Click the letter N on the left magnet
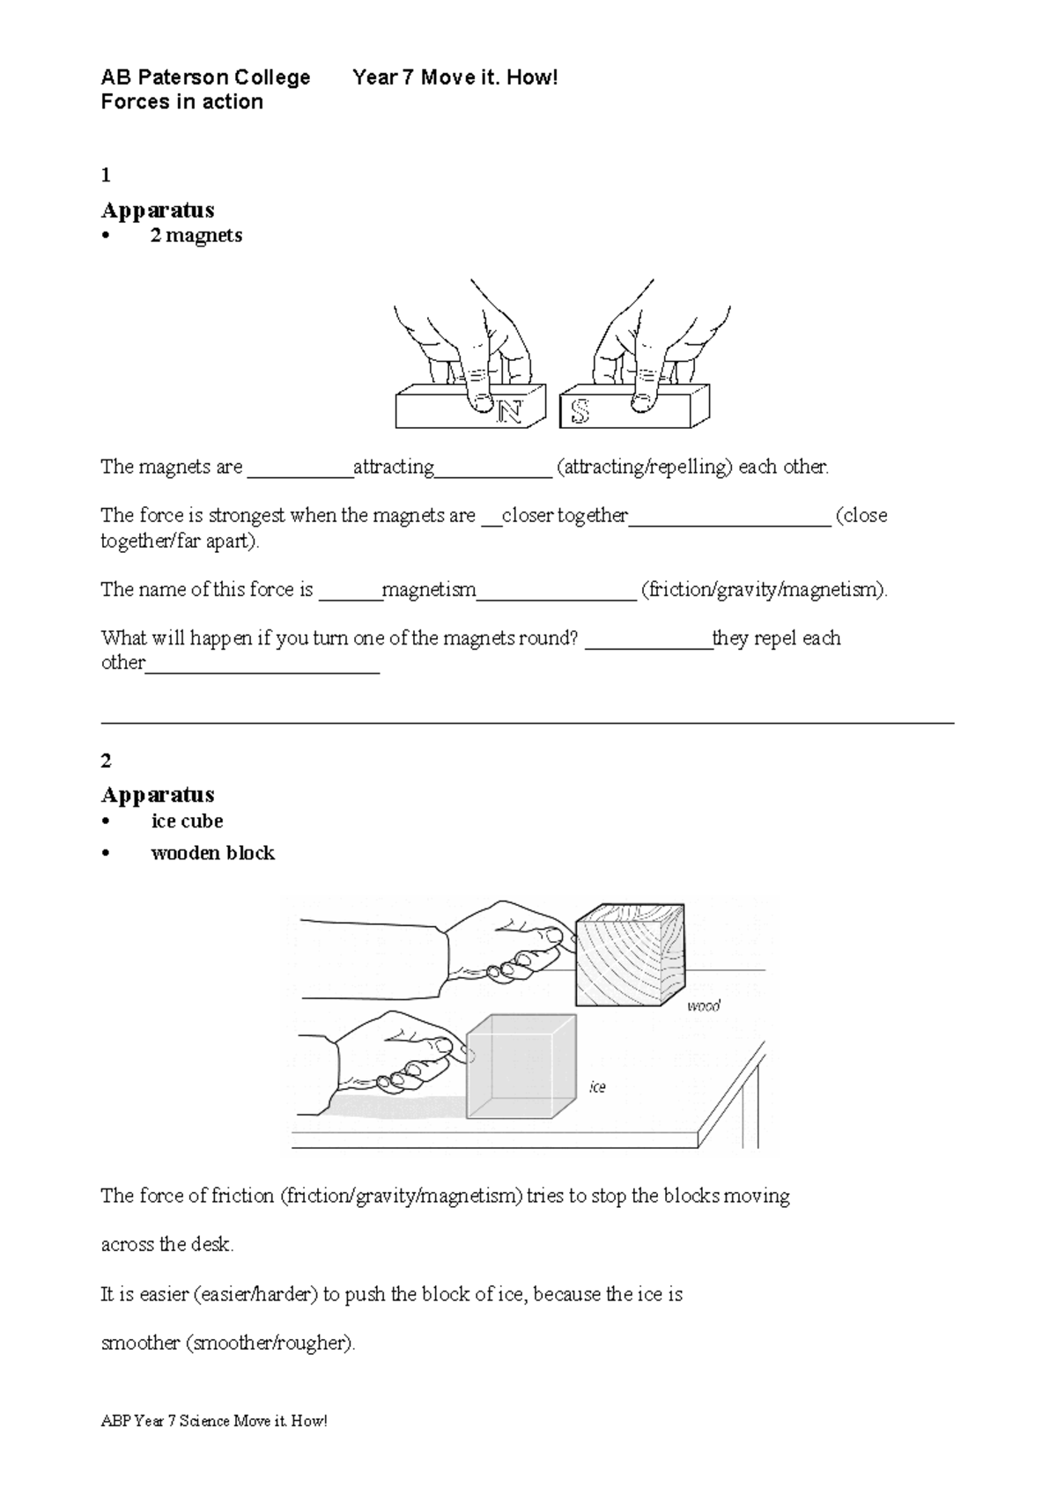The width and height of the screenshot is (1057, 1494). click(509, 411)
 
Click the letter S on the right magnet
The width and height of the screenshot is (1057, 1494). click(580, 411)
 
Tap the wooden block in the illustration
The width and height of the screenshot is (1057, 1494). click(629, 956)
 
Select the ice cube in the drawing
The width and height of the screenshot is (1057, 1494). click(520, 1067)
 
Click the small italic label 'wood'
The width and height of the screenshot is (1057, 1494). click(703, 1005)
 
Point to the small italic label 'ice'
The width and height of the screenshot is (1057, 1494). click(597, 1087)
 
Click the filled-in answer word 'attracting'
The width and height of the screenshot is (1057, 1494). click(393, 467)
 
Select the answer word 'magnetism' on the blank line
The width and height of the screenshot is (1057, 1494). click(429, 590)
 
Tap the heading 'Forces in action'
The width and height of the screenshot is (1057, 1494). click(181, 102)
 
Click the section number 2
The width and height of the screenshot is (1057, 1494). click(106, 760)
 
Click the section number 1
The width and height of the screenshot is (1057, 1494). click(106, 175)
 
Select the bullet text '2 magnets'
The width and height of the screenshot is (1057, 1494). click(196, 235)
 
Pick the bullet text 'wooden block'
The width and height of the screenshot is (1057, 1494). click(212, 853)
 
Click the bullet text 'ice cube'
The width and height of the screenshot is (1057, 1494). click(187, 821)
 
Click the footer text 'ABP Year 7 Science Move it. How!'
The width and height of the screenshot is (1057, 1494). click(214, 1421)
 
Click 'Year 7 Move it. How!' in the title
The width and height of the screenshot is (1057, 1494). click(455, 77)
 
